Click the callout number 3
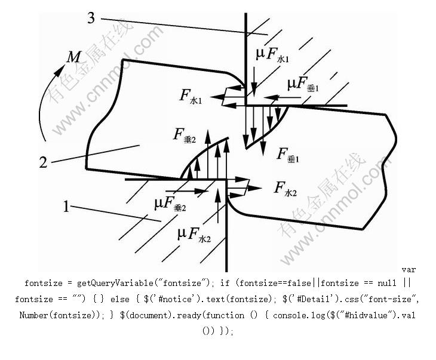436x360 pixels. [x=91, y=18]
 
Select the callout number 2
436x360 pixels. [x=43, y=162]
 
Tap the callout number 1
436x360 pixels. [x=66, y=207]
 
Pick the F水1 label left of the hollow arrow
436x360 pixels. [x=191, y=96]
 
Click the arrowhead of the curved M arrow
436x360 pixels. [x=60, y=71]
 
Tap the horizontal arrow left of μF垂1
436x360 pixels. [x=281, y=96]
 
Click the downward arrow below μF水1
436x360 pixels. [x=254, y=83]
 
